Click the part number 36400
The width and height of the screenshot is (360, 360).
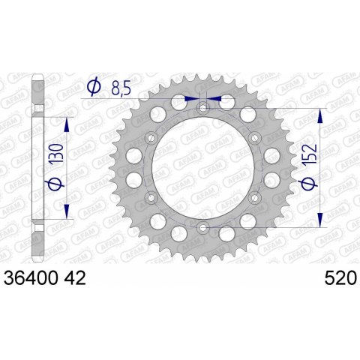pyautogui.click(x=35, y=278)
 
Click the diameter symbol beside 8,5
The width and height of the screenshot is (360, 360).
pyautogui.click(x=94, y=88)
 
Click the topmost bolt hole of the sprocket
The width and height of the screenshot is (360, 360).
pyautogui.click(x=202, y=109)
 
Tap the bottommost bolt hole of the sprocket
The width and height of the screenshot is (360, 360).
pyautogui.click(x=202, y=226)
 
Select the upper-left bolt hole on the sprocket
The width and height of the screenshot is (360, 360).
pyautogui.click(x=151, y=138)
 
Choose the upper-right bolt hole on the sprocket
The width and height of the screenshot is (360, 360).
pyautogui.click(x=253, y=138)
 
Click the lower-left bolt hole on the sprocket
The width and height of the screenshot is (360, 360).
pyautogui.click(x=151, y=196)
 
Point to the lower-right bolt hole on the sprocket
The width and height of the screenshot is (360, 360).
pyautogui.click(x=253, y=196)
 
